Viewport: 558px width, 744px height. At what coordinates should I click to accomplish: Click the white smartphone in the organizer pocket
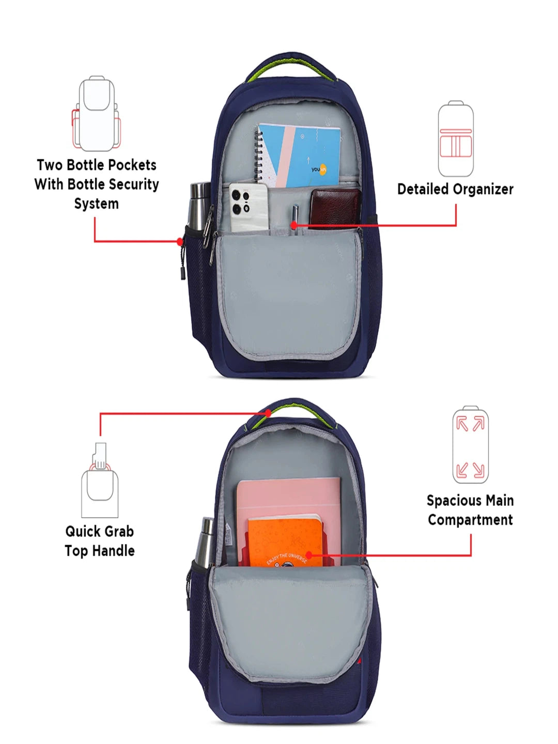point(249,208)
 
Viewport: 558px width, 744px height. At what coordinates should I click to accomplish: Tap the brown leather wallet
point(335,209)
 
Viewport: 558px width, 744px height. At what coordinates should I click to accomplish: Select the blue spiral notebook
point(297,156)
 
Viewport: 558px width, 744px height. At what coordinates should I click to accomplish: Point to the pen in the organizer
point(296,219)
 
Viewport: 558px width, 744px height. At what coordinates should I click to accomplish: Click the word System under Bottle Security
point(97,204)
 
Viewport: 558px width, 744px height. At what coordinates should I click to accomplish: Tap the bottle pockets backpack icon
point(96,113)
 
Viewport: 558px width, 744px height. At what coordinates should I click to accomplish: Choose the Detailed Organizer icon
point(455,138)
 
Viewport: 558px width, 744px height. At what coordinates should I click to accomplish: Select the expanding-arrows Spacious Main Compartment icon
point(470,444)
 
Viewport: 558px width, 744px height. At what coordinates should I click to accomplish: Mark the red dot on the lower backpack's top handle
point(268,413)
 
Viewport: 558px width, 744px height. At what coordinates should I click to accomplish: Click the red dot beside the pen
point(294,225)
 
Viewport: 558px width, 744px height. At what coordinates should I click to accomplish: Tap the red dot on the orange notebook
point(309,555)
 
